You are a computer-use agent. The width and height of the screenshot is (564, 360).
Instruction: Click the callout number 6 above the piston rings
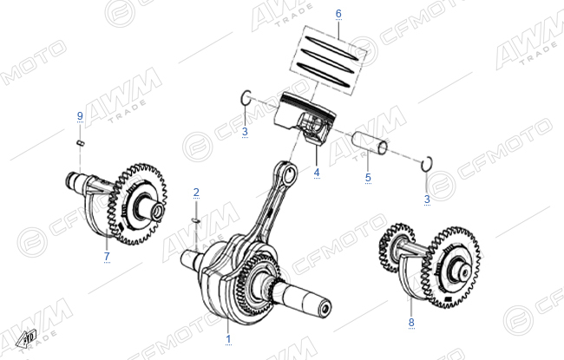click(x=338, y=14)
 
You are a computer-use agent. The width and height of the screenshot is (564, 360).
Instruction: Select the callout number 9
click(x=80, y=115)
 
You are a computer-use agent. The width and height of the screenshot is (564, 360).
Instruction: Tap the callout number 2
click(x=196, y=193)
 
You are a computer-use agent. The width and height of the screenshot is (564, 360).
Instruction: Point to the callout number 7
click(x=107, y=257)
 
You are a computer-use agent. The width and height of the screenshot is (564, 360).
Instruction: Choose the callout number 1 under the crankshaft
click(x=228, y=339)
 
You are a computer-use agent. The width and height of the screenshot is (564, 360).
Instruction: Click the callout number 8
click(x=411, y=322)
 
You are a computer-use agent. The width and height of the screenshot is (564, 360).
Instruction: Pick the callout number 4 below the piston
click(x=317, y=173)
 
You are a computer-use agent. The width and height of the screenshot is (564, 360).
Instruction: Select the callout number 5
click(x=368, y=177)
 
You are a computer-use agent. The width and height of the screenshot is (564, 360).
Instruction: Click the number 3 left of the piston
click(x=245, y=131)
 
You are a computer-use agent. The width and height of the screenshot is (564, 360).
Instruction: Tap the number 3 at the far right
click(x=427, y=199)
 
